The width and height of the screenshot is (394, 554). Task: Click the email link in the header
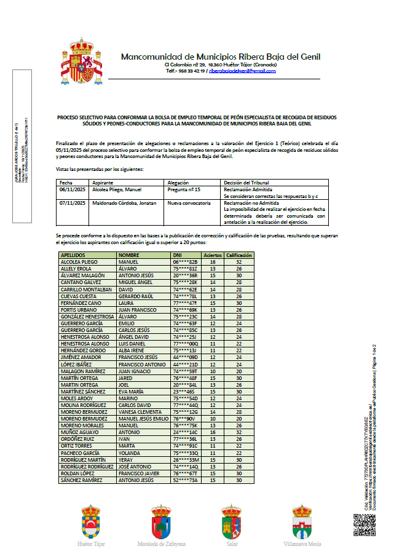pyautogui.click(x=242, y=71)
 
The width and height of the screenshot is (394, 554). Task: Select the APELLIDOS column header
pyautogui.click(x=72, y=255)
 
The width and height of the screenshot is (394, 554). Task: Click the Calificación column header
pyautogui.click(x=240, y=255)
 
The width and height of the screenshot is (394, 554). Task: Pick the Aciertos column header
pyautogui.click(x=213, y=255)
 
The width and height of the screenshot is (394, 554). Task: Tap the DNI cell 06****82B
pyautogui.click(x=184, y=261)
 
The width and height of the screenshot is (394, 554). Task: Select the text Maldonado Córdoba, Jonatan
pyautogui.click(x=122, y=203)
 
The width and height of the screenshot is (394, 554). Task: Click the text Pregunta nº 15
pyautogui.click(x=184, y=191)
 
